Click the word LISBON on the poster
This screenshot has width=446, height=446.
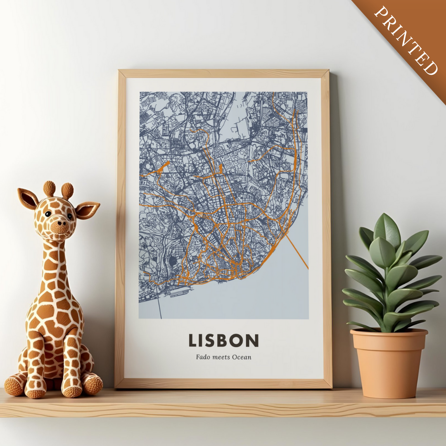click(x=223, y=340)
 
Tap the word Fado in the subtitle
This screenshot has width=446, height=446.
click(x=203, y=357)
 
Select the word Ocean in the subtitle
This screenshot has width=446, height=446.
click(x=242, y=357)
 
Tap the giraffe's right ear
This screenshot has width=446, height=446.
click(x=87, y=209)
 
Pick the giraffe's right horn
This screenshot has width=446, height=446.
click(x=67, y=190)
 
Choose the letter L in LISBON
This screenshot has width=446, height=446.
click(x=192, y=340)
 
